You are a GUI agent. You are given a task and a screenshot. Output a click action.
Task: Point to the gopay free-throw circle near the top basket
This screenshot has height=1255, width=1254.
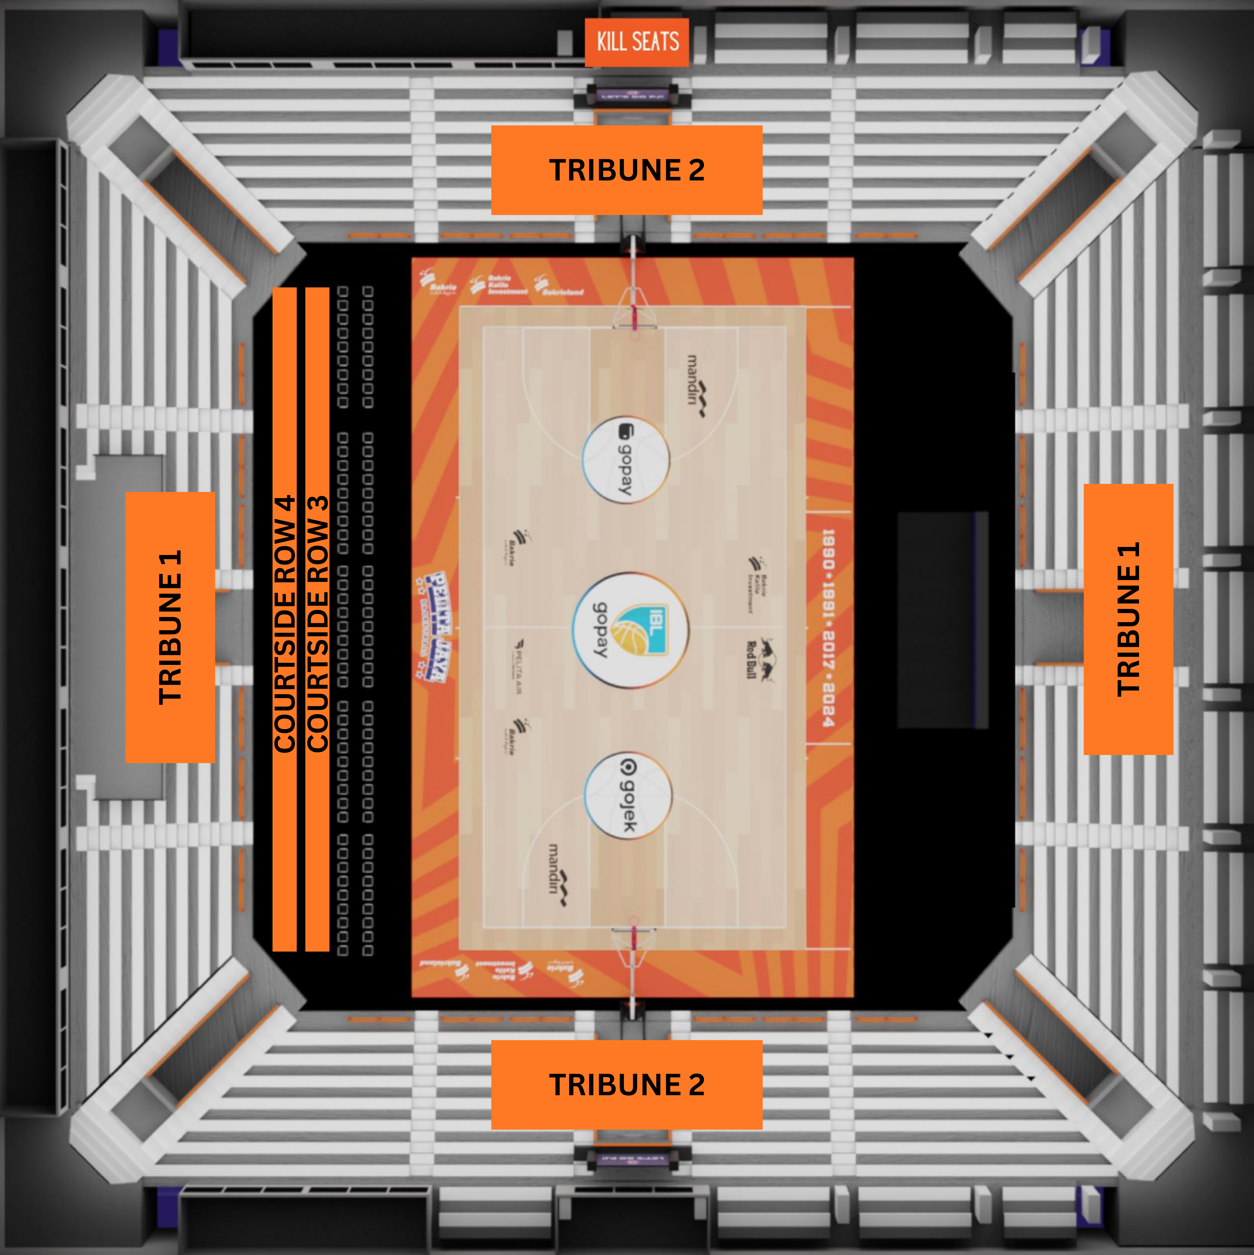(x=626, y=460)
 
